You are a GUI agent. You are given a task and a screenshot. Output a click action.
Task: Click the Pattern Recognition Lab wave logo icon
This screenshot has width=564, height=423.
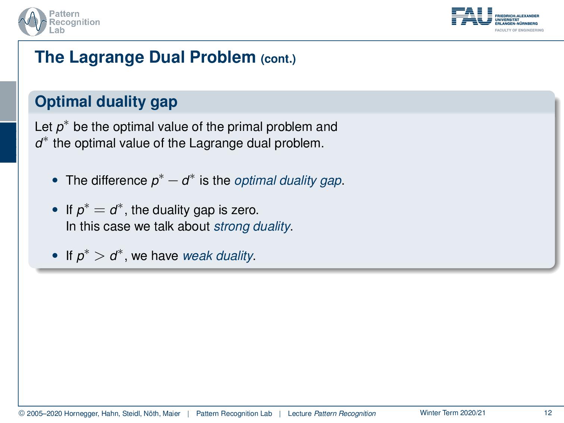[x=32, y=22]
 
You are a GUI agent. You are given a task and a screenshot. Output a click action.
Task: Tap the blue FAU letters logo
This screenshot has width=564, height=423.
[x=471, y=16]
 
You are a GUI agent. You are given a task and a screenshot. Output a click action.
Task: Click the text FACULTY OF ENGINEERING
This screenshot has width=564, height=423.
[x=519, y=30]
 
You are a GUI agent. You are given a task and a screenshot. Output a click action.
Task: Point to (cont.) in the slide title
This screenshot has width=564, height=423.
[x=278, y=59]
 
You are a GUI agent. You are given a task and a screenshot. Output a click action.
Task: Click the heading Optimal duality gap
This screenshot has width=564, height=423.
[x=106, y=101]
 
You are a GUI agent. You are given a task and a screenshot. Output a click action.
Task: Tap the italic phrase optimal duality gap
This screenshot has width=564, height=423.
[x=288, y=181]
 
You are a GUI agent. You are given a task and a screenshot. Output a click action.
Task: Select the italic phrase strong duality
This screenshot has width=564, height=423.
[x=251, y=226]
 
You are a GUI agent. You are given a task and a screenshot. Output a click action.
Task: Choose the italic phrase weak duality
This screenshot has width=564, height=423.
[x=217, y=256]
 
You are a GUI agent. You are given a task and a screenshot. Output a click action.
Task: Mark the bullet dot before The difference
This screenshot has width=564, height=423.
[x=56, y=180]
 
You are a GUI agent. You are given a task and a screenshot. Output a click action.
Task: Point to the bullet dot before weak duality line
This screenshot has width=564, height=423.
[x=56, y=256]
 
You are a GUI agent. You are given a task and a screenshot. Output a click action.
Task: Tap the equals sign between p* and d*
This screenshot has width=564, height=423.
[x=100, y=210]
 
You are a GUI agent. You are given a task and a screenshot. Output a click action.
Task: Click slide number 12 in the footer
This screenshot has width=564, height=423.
[x=548, y=413]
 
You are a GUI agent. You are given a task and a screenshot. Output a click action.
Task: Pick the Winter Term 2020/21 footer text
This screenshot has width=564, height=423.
[x=452, y=413]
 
